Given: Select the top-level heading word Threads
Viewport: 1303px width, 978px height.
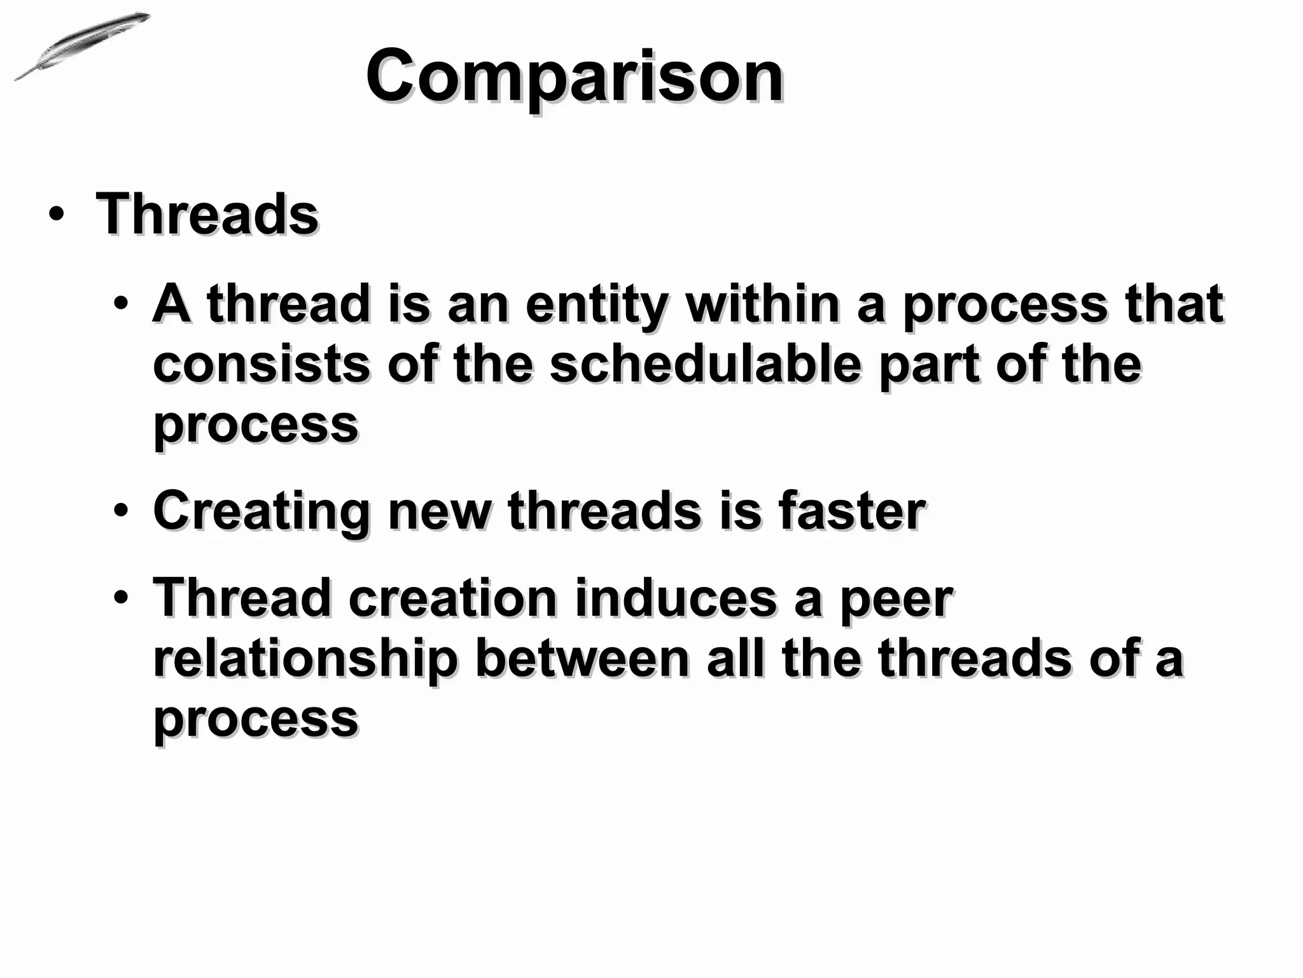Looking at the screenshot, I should click(207, 214).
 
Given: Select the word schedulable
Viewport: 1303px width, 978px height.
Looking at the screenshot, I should click(705, 364).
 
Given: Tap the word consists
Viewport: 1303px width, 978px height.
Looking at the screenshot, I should click(261, 364).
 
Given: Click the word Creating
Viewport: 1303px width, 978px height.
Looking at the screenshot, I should click(261, 511).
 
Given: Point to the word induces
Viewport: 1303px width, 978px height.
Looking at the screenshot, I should click(676, 598).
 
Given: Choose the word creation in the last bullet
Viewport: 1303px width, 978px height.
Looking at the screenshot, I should click(452, 598).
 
